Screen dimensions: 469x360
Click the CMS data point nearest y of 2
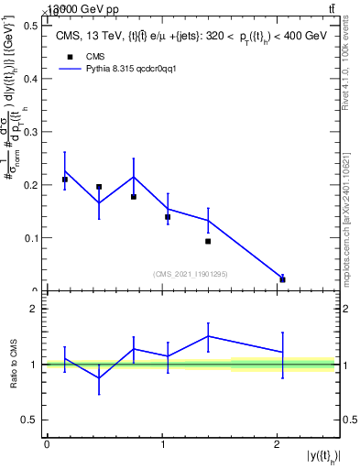(282, 279)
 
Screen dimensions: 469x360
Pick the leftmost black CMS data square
(64, 180)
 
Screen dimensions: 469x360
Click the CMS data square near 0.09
(208, 241)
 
